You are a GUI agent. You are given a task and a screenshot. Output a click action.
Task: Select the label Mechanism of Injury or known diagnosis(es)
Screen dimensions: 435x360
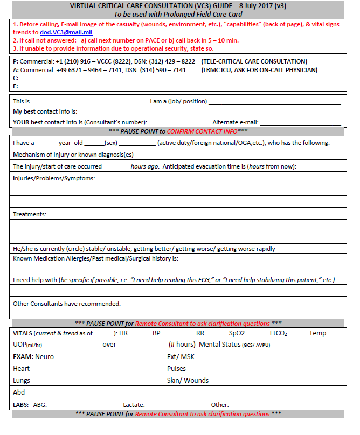[73, 155]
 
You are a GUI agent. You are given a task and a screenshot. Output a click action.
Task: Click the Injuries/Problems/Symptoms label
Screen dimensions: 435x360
[54, 178]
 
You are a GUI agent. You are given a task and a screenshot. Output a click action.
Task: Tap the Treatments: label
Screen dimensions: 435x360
[30, 214]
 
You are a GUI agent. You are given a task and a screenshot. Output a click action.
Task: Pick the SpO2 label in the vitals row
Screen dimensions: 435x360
[237, 333]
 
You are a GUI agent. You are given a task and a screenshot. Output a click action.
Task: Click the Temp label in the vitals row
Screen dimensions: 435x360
[317, 333]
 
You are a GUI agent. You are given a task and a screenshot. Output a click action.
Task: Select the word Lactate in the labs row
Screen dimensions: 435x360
[134, 404]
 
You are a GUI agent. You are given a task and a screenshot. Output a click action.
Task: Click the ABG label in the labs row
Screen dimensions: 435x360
[41, 404]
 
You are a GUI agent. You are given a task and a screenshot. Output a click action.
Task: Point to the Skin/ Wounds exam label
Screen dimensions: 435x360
[188, 381]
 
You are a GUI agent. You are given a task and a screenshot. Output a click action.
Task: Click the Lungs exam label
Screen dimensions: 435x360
[22, 381]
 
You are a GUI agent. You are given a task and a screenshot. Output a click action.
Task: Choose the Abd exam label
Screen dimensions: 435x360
[19, 392]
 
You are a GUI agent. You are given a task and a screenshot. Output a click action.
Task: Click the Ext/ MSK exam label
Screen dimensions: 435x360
[181, 356]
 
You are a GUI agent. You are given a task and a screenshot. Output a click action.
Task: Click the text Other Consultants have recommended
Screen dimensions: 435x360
[66, 303]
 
